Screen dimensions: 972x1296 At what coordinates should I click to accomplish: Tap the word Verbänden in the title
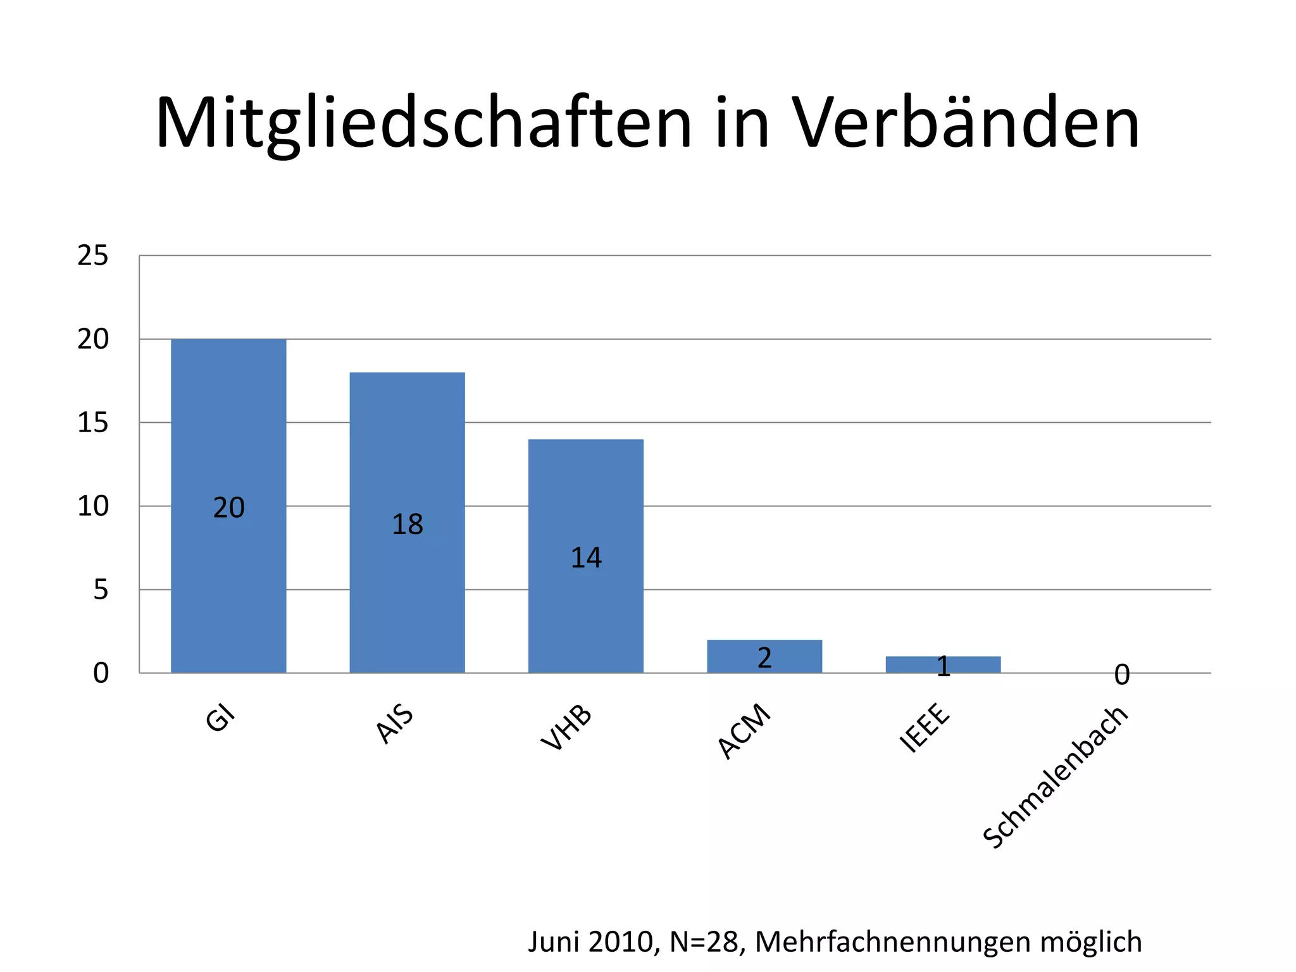point(966,123)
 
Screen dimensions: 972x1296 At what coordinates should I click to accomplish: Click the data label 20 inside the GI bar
point(228,508)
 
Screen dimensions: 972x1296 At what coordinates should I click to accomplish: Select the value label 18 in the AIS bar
point(407,525)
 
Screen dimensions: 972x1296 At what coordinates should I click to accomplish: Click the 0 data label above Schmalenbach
point(1121,675)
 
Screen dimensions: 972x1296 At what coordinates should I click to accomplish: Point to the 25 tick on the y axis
point(92,256)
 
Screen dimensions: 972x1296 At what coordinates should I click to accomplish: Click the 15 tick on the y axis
point(92,423)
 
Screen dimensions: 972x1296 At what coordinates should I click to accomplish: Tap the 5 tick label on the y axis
point(101,590)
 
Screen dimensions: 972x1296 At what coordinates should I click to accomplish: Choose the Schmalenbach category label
point(1056,777)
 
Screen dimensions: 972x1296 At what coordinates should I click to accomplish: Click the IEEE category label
point(925,728)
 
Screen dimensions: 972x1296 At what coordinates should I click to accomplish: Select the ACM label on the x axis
point(744,732)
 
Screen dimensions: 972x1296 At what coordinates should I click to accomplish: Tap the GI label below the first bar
point(220,720)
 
